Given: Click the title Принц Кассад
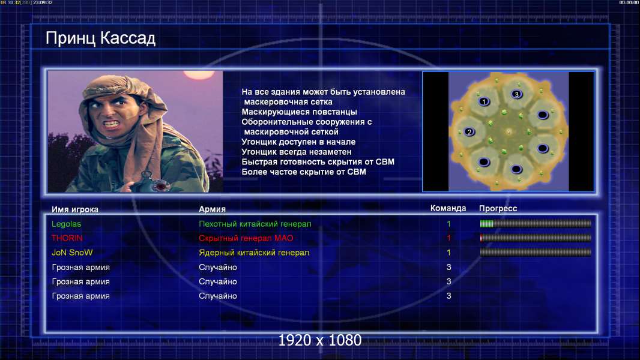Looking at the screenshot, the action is [x=100, y=38].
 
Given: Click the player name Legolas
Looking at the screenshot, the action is [x=66, y=224].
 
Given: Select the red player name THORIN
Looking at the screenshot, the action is [x=67, y=238].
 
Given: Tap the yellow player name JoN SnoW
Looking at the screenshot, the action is [x=72, y=253].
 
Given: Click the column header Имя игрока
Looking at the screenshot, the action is [x=74, y=209].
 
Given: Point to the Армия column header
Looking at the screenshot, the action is [x=213, y=209].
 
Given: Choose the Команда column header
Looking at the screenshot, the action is [x=448, y=208].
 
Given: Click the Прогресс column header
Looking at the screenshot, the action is [x=498, y=209].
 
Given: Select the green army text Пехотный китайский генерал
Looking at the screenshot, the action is [x=255, y=224].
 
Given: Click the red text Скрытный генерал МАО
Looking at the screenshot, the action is [x=246, y=238].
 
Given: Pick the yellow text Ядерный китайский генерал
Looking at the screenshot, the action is [x=254, y=253].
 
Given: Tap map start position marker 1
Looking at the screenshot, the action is [x=484, y=101].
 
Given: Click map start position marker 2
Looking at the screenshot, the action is [x=469, y=131].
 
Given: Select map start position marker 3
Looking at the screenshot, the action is [x=516, y=94].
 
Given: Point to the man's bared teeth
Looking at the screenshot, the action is [x=112, y=123].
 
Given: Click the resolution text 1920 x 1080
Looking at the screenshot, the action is [x=319, y=340].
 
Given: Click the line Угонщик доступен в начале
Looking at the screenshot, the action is [x=298, y=142].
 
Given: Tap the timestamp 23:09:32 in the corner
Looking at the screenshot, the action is [x=43, y=2].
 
